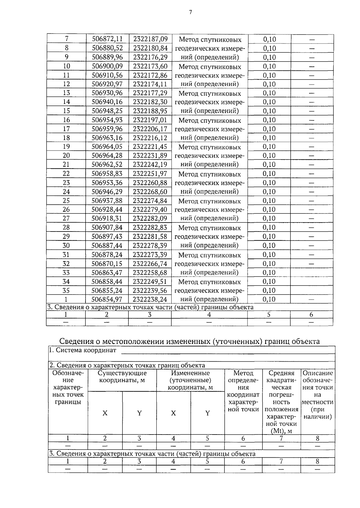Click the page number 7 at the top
(190, 12)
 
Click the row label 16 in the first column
(66, 120)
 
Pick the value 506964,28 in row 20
(107, 156)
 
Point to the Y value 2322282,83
(150, 228)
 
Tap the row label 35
(66, 291)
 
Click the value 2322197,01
(150, 120)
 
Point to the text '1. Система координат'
(83, 350)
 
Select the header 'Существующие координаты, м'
(122, 377)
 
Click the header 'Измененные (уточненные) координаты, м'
(190, 380)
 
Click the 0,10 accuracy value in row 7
(269, 39)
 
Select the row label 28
(66, 228)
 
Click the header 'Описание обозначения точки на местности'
(317, 395)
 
